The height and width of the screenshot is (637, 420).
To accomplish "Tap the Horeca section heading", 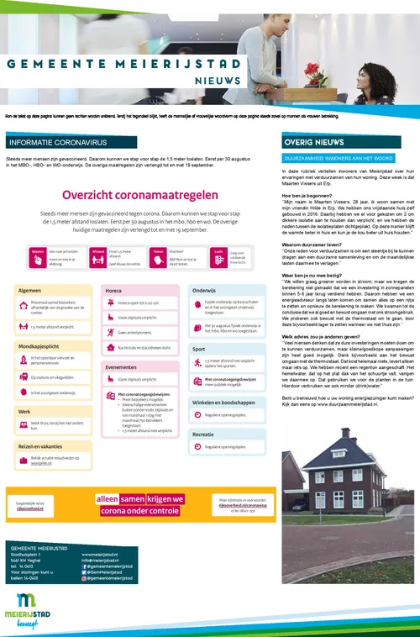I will pos(114,266).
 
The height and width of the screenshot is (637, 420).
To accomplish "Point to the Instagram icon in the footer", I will pos(85,578).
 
